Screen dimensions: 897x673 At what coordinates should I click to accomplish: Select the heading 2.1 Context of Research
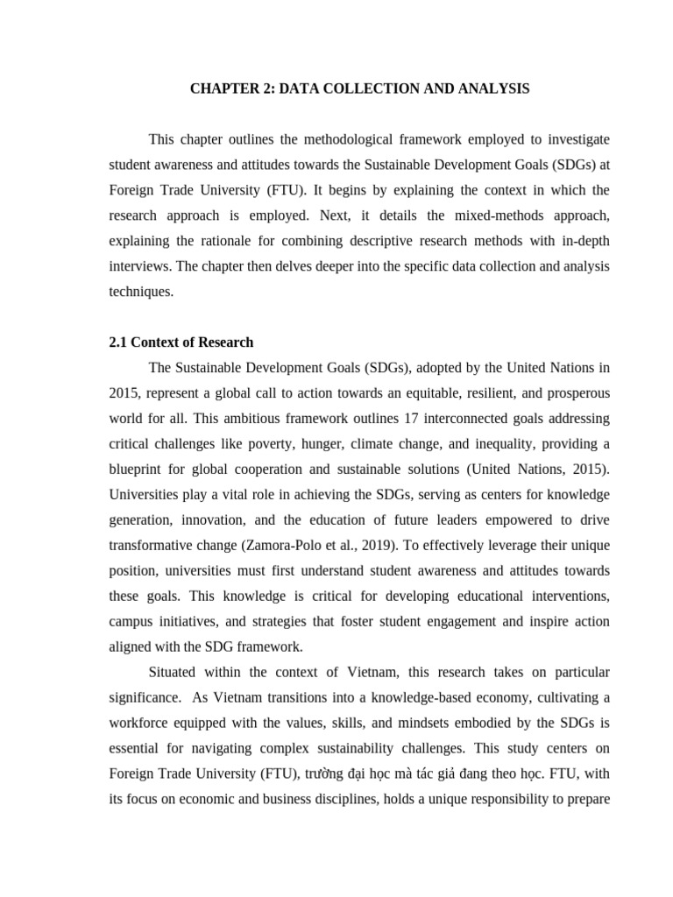pos(181,343)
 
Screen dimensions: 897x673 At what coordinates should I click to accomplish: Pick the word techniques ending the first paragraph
pos(141,292)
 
